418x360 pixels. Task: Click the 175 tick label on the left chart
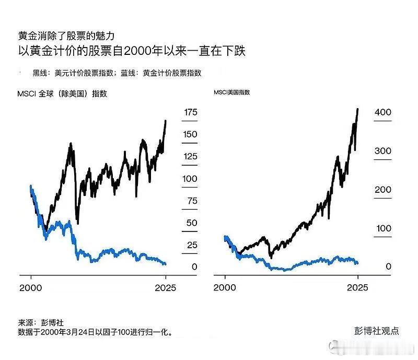coord(190,112)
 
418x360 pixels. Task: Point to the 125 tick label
coord(190,157)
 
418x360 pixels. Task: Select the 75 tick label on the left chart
coord(192,201)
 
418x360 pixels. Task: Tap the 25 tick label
coord(192,245)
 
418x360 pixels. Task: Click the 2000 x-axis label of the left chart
coord(31,287)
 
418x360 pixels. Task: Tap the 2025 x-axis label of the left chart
coord(166,287)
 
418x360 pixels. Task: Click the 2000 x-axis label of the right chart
coord(225,287)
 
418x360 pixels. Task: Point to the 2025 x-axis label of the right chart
coord(357,287)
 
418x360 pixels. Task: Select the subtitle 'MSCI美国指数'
coord(231,92)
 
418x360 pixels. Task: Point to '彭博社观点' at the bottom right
coord(376,331)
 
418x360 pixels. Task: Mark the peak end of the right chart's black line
coord(357,109)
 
